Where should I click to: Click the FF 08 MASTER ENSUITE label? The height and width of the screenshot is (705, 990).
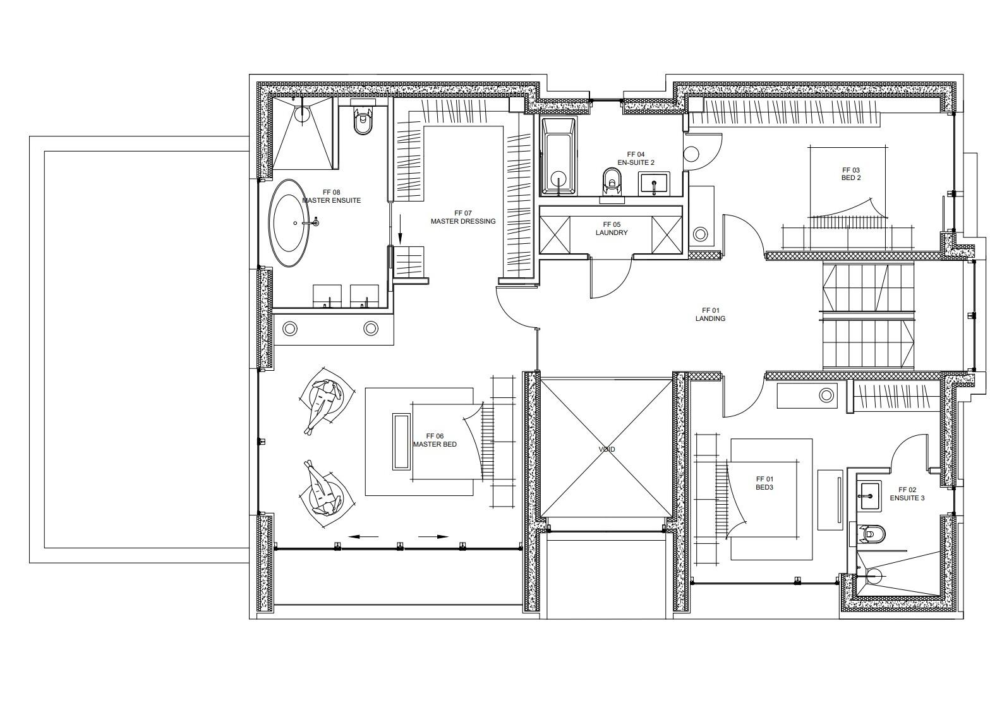[331, 196]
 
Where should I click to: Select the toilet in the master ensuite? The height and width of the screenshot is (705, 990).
[363, 121]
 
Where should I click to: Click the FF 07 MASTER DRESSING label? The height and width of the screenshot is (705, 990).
[463, 217]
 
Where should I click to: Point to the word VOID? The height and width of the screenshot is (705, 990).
[607, 449]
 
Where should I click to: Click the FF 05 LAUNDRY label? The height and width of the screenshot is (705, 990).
[612, 229]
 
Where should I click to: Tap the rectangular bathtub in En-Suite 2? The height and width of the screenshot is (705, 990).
[558, 156]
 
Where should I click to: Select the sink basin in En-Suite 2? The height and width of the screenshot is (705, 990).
[654, 184]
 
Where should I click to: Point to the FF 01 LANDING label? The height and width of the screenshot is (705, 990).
[710, 315]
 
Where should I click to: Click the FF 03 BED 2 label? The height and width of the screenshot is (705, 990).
[851, 174]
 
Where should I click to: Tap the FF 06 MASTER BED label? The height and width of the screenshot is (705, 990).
[435, 440]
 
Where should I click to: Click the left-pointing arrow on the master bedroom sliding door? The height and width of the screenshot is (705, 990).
[363, 537]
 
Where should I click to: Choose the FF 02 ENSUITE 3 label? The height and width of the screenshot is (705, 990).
[907, 494]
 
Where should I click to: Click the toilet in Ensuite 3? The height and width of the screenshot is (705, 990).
[871, 534]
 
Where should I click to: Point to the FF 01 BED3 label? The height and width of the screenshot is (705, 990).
[764, 483]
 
